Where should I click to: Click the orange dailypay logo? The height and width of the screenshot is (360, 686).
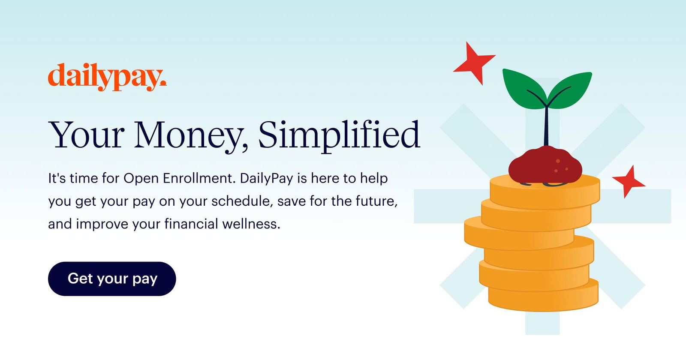[107, 77]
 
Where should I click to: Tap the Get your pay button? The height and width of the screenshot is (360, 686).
[112, 279]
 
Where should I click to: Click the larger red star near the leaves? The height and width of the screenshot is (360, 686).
[474, 63]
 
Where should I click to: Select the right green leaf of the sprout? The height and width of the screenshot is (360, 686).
[570, 90]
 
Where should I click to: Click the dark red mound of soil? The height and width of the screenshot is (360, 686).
[545, 165]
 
